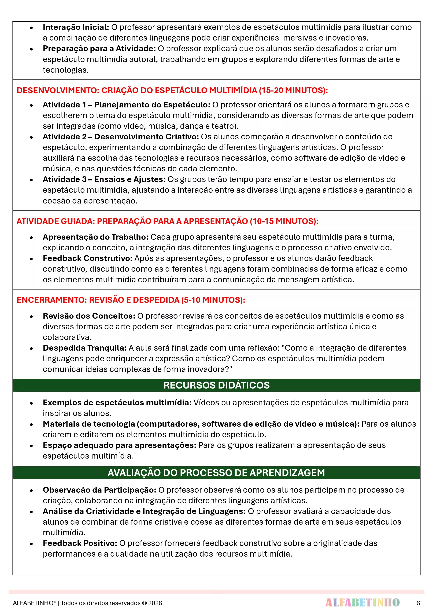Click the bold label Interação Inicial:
pyautogui.click(x=76, y=27)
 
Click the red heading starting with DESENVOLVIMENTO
pyautogui.click(x=172, y=90)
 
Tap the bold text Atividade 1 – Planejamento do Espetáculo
pyautogui.click(x=127, y=105)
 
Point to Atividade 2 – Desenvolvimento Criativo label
pyautogui.click(x=121, y=137)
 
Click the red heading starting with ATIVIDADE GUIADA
pyautogui.click(x=167, y=221)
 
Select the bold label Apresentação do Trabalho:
pyautogui.click(x=95, y=237)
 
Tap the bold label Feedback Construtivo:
pyautogui.click(x=87, y=258)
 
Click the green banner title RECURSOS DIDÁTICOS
pyautogui.click(x=216, y=385)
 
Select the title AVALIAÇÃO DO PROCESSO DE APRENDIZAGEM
pyautogui.click(x=216, y=473)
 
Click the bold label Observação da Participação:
pyautogui.click(x=99, y=490)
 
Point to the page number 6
pyautogui.click(x=418, y=603)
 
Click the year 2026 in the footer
pyautogui.click(x=155, y=603)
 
